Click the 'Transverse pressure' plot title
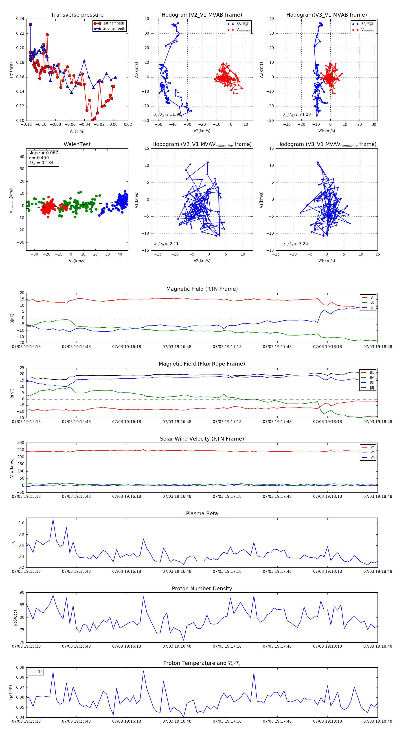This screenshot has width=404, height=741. coord(77,15)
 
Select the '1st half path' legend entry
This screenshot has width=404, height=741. coord(114,23)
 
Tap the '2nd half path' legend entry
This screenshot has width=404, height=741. coord(114,29)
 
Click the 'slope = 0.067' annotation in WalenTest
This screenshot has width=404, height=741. coord(43,153)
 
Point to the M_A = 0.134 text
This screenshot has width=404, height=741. coord(41,163)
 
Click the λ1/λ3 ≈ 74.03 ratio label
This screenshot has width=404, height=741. coord(297,115)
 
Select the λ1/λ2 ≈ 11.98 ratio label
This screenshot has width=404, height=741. coord(168,115)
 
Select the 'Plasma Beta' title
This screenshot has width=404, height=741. coord(202,514)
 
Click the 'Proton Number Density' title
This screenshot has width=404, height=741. coord(202,589)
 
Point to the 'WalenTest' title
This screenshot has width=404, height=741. coord(77,144)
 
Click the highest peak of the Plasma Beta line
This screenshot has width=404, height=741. coord(53,519)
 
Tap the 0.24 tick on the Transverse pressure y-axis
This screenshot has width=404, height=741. coord(20,19)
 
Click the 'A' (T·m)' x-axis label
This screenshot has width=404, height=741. coord(77,131)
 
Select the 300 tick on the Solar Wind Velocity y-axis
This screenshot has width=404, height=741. coord(21,443)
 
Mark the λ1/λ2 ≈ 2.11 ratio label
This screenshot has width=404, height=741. coord(166,244)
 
